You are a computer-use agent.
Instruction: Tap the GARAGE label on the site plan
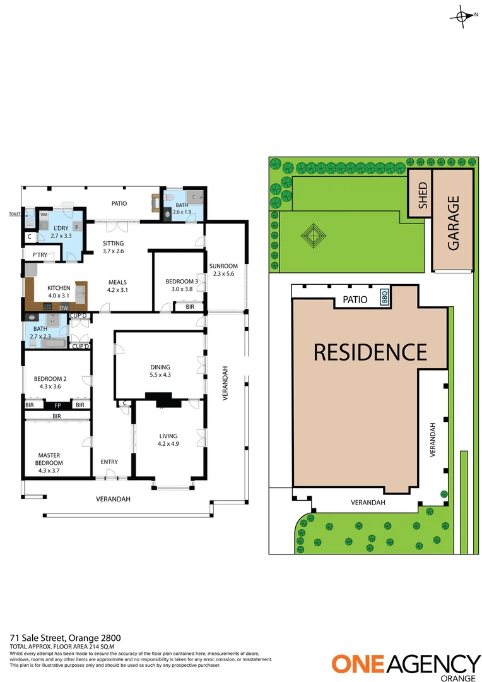453,223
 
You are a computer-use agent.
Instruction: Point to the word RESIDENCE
370,352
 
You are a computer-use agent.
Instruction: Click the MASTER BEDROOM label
50,458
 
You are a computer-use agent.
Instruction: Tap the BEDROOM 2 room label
52,382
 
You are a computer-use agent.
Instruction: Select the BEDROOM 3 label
182,285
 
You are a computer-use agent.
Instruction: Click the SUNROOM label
223,270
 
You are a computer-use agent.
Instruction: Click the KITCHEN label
59,291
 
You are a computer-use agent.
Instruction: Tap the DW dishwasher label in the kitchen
64,308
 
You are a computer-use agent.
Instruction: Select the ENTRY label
109,462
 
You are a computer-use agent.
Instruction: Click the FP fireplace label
57,405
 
